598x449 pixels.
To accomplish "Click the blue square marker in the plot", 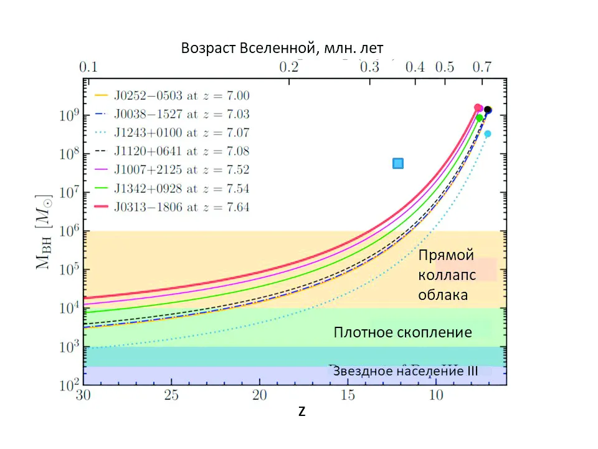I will [398, 163].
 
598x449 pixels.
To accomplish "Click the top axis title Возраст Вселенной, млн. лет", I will [282, 48].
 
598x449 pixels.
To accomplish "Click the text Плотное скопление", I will [402, 332].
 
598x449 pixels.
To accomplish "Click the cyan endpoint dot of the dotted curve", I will [488, 133].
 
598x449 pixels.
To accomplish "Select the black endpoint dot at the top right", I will [488, 110].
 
